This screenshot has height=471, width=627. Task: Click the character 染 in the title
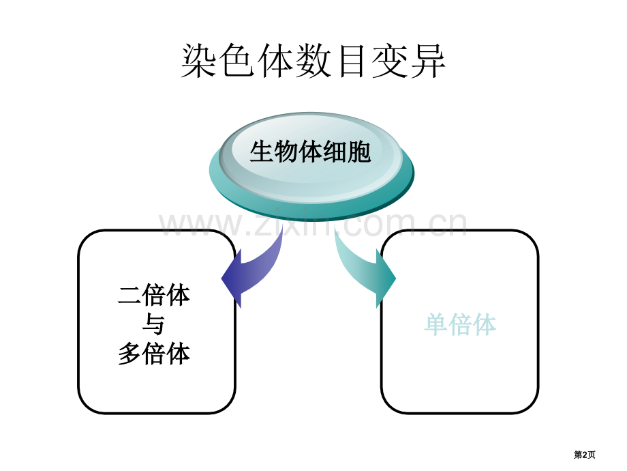pyautogui.click(x=199, y=61)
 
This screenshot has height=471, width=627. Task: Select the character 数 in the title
pyautogui.click(x=313, y=61)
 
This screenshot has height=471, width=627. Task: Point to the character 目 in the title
pyautogui.click(x=351, y=61)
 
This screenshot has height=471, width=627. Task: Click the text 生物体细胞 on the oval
pyautogui.click(x=310, y=152)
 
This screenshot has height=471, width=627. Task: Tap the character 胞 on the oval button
pyautogui.click(x=359, y=152)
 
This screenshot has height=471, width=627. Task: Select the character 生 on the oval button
pyautogui.click(x=262, y=152)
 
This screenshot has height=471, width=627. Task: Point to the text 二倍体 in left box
pyautogui.click(x=154, y=295)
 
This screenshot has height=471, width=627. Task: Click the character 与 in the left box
pyautogui.click(x=154, y=324)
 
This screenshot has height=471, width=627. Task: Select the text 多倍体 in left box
pyautogui.click(x=154, y=354)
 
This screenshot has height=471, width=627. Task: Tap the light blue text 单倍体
pyautogui.click(x=460, y=324)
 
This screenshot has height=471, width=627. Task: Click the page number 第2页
pyautogui.click(x=584, y=455)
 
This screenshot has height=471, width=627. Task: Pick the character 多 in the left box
pyautogui.click(x=129, y=354)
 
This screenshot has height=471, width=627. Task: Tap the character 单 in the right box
pyautogui.click(x=436, y=324)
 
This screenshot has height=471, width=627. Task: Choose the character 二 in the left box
pyautogui.click(x=129, y=296)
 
